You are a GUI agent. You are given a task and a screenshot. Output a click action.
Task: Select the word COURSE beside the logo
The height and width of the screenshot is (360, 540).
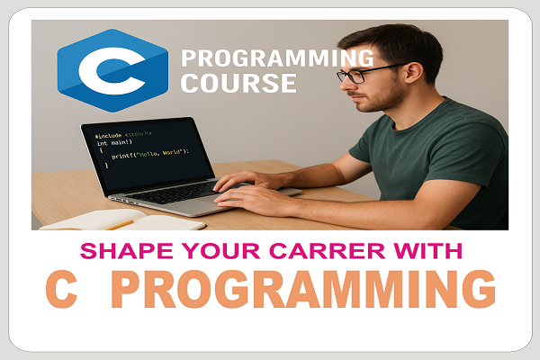238,85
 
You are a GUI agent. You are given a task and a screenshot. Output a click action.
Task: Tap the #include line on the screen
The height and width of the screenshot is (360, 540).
122,136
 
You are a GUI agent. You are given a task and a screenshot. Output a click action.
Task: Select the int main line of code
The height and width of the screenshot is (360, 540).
115,143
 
